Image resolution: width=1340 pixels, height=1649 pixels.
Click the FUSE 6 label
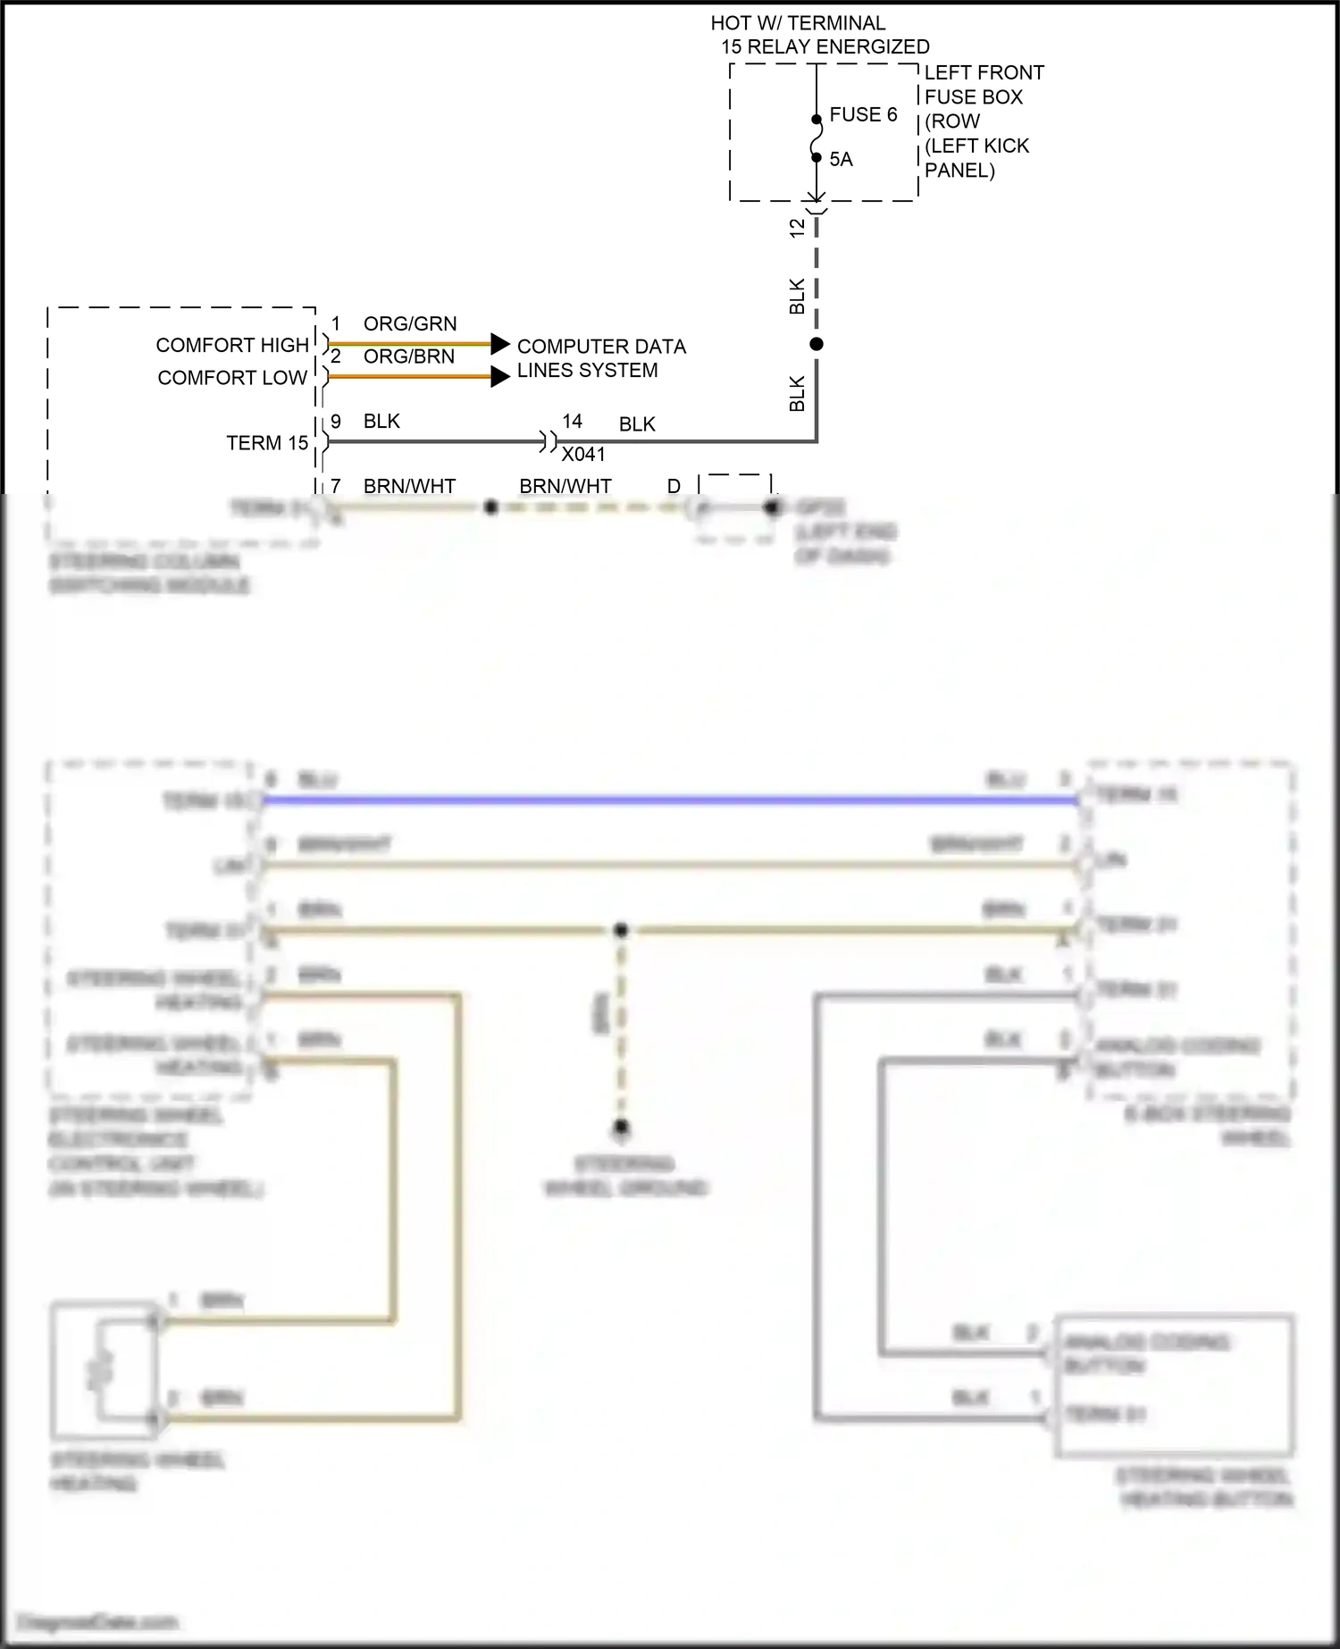tap(862, 114)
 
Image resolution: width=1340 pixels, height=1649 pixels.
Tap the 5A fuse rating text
tap(841, 159)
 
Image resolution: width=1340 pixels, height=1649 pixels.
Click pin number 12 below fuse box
tap(798, 228)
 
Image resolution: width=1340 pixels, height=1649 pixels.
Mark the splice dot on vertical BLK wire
tap(816, 344)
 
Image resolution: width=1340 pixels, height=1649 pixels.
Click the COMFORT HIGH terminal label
tap(232, 345)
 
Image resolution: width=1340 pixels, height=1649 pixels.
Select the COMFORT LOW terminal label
tap(232, 378)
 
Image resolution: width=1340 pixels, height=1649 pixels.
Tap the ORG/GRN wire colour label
tap(410, 323)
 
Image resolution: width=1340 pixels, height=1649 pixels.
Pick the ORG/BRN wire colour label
tap(409, 356)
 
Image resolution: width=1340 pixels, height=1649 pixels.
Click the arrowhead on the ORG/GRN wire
tap(500, 344)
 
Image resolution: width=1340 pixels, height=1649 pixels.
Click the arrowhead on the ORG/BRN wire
tap(500, 377)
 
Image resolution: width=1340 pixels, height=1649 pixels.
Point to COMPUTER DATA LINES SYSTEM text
tap(600, 358)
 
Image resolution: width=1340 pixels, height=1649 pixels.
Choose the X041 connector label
tap(583, 454)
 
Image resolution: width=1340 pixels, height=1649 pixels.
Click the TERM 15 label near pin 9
tap(267, 443)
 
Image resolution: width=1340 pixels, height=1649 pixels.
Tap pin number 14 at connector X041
tap(572, 421)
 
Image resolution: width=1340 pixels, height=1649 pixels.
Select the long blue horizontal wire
tap(670, 800)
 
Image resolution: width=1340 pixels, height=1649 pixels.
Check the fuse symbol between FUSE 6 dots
tap(816, 138)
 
